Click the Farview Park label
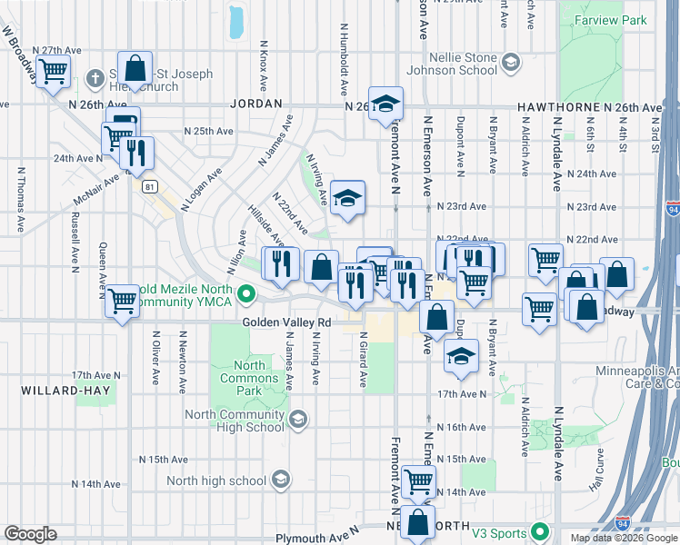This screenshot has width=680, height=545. pyautogui.click(x=602, y=19)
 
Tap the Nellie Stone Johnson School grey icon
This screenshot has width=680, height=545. pyautogui.click(x=511, y=63)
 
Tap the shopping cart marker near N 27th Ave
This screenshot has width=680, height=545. pyautogui.click(x=53, y=69)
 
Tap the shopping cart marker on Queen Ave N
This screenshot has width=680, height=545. pyautogui.click(x=122, y=300)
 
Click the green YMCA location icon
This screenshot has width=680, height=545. pyautogui.click(x=245, y=293)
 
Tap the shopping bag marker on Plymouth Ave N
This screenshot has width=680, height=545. pyautogui.click(x=418, y=522)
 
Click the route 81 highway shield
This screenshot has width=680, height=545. pyautogui.click(x=149, y=186)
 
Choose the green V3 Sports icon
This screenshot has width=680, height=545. pyautogui.click(x=541, y=530)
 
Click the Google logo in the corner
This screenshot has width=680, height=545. pyautogui.click(x=31, y=534)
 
